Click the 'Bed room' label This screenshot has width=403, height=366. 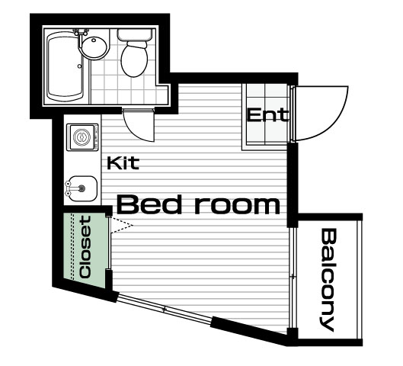[198, 204]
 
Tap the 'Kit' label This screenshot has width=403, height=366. [123, 163]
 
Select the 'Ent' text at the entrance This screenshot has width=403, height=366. [267, 115]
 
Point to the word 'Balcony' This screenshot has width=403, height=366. [328, 280]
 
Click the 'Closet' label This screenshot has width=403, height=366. [85, 247]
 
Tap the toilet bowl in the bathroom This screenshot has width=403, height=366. [134, 59]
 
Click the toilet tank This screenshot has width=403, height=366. [134, 35]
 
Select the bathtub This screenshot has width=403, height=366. [65, 66]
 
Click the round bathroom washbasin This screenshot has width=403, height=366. [94, 47]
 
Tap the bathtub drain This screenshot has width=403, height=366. [79, 66]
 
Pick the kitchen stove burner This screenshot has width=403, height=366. [82, 137]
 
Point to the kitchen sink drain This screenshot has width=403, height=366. [82, 188]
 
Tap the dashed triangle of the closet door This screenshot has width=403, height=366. [121, 226]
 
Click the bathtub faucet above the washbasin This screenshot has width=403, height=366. [81, 33]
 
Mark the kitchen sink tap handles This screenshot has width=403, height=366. [68, 188]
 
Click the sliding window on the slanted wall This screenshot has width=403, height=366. [165, 310]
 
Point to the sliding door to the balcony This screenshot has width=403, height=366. [293, 278]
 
